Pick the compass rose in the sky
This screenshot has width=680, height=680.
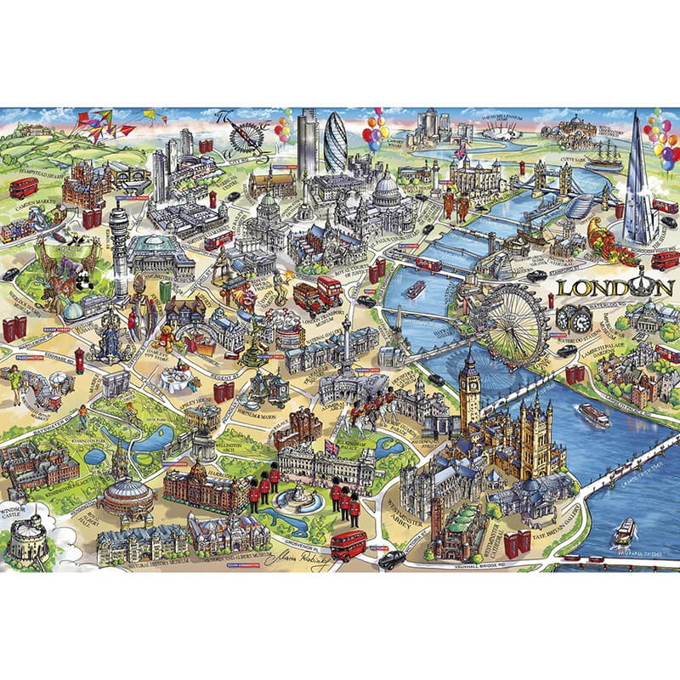click(246, 134)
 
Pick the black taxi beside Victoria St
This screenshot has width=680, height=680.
click(392, 558)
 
